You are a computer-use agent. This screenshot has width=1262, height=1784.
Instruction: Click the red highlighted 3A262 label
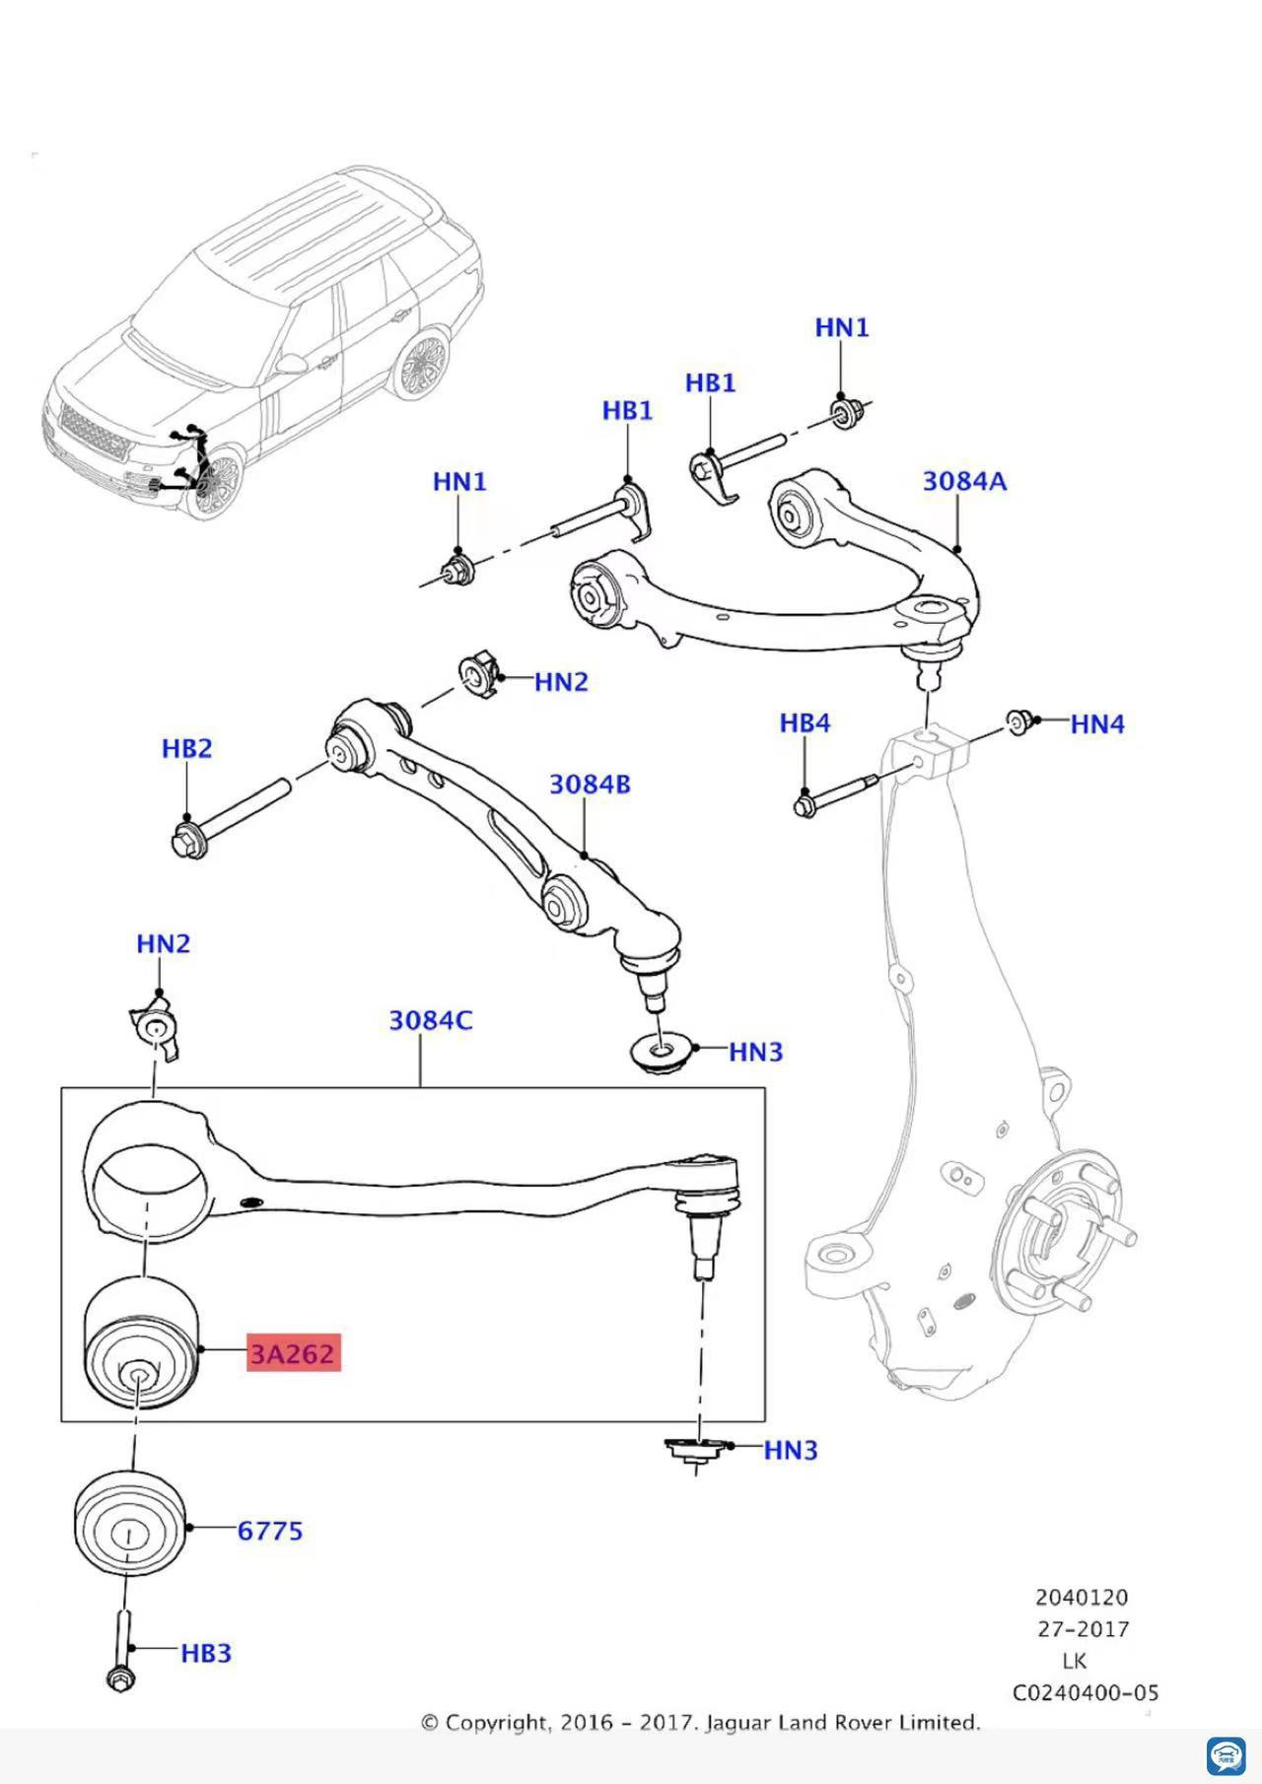pos(294,1353)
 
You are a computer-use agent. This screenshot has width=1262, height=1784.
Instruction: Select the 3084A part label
pos(964,481)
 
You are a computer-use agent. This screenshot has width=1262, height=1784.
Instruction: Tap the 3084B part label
pos(590,785)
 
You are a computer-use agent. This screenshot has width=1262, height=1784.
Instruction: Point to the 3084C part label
pos(430,1020)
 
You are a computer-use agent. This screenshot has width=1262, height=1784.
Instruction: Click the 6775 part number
pos(270,1531)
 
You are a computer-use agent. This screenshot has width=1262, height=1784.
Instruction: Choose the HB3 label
pos(205,1653)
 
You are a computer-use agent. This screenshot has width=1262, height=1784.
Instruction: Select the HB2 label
pos(186,749)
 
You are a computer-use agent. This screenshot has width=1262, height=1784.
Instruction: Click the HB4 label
pos(805,722)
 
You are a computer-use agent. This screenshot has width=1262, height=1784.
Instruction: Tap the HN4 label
pos(1097,724)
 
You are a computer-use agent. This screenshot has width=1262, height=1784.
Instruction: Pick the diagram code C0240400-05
pos(1086,1692)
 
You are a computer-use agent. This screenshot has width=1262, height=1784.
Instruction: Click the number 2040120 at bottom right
pos(1082,1597)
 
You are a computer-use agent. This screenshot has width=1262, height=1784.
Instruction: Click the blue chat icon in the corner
pos(1226,1756)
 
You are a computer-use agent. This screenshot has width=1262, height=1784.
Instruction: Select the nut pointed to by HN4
pos(1018,722)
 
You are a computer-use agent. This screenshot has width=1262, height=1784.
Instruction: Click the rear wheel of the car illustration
pos(421,366)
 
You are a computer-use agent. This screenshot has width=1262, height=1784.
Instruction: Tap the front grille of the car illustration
pos(95,433)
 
